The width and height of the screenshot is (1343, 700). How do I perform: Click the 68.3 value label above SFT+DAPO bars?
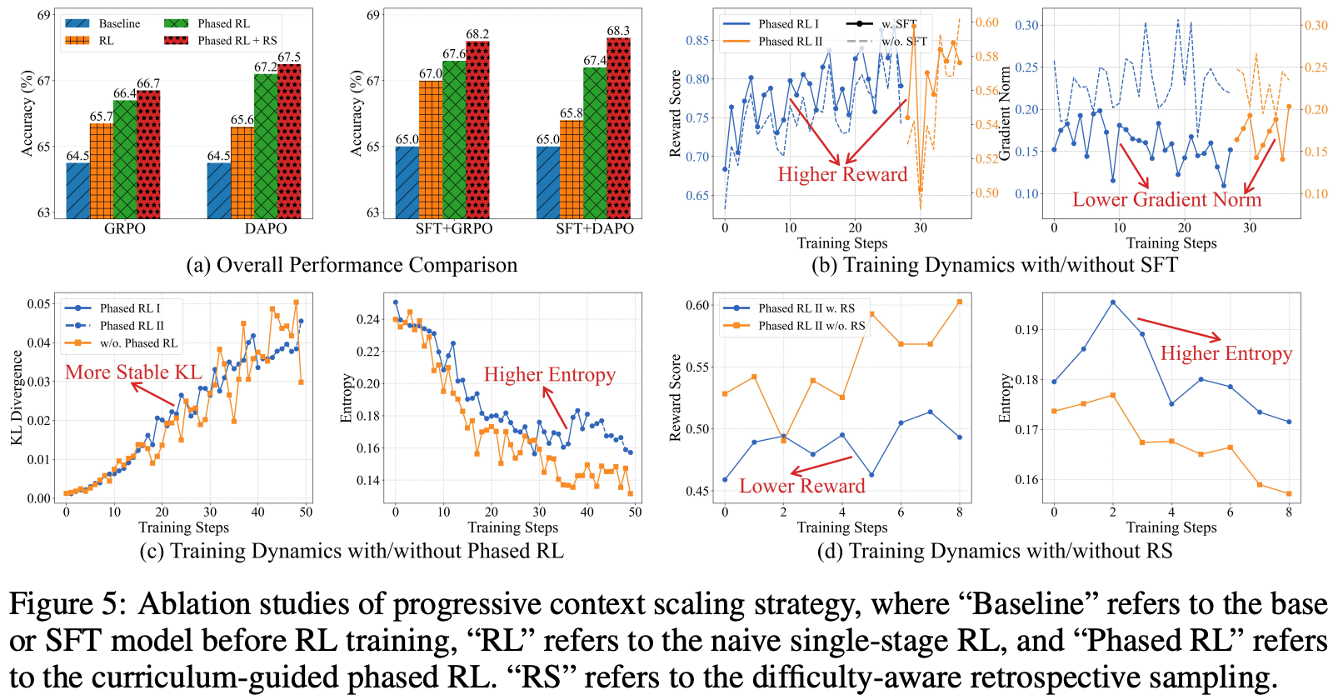pyautogui.click(x=618, y=31)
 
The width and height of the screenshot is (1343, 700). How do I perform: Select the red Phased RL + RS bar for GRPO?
pyautogui.click(x=148, y=154)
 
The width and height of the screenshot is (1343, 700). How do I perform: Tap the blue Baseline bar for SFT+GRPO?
pyautogui.click(x=407, y=182)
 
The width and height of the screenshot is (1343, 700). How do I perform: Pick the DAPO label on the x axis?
pyautogui.click(x=266, y=228)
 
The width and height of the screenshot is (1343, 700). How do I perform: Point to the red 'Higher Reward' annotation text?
pyautogui.click(x=842, y=174)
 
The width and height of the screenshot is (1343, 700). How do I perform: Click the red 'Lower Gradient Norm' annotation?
pyautogui.click(x=1166, y=200)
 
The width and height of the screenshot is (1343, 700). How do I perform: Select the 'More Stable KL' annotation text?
pyautogui.click(x=133, y=372)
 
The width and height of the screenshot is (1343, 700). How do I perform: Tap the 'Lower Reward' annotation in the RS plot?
pyautogui.click(x=802, y=486)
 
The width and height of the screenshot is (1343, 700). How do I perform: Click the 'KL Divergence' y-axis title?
pyautogui.click(x=17, y=397)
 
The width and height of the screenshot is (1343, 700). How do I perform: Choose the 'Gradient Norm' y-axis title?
pyautogui.click(x=1005, y=113)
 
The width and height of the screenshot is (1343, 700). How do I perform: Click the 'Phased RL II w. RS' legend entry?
pyautogui.click(x=806, y=308)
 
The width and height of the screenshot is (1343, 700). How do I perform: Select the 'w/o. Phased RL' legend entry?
pyautogui.click(x=138, y=343)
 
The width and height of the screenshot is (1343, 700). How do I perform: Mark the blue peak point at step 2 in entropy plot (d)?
pyautogui.click(x=1113, y=302)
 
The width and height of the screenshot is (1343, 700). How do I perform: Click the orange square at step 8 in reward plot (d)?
pyautogui.click(x=960, y=302)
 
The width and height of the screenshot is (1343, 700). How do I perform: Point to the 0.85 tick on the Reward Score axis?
pyautogui.click(x=697, y=40)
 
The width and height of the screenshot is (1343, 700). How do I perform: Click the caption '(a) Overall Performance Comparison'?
pyautogui.click(x=352, y=265)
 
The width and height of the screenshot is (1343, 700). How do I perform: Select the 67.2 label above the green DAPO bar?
pyautogui.click(x=266, y=67)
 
